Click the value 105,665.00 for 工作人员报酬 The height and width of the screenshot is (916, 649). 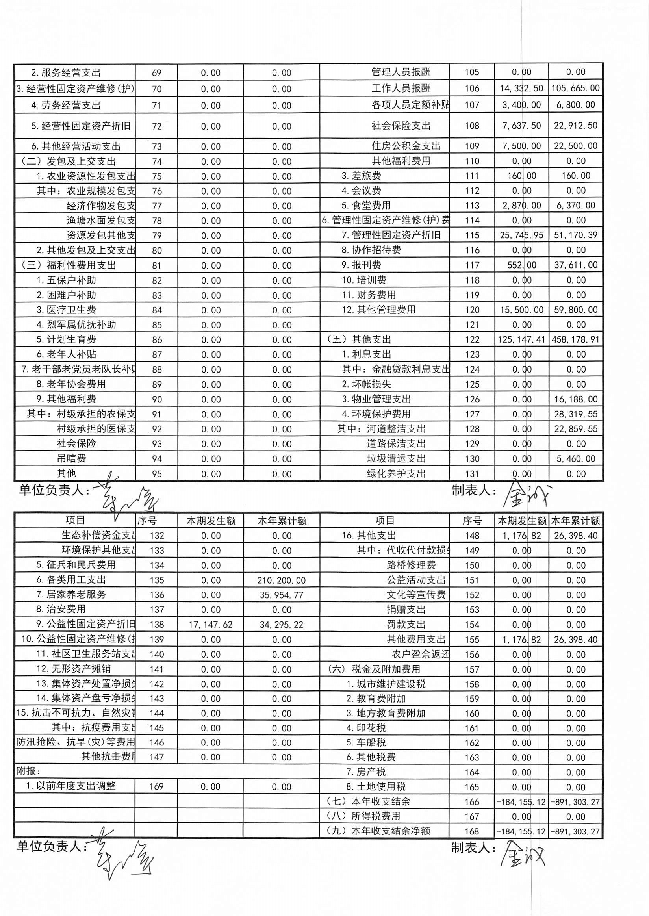(x=575, y=88)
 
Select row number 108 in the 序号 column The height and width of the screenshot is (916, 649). (x=472, y=126)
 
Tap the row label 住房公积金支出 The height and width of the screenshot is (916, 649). (x=406, y=146)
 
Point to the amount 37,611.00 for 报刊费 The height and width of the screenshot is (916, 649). (x=575, y=265)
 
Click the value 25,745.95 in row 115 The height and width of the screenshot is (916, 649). (x=521, y=235)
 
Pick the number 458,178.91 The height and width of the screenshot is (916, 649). (x=575, y=340)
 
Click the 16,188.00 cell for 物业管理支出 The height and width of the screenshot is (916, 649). (x=575, y=399)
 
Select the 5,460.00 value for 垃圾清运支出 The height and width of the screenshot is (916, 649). (x=575, y=459)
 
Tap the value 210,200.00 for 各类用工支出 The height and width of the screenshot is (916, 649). (x=281, y=580)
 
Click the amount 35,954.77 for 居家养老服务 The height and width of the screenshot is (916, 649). (x=281, y=595)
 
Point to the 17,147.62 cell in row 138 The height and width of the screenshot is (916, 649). (x=210, y=625)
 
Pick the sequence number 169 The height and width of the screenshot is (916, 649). (x=156, y=786)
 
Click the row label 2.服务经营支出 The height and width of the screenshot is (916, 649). (x=66, y=73)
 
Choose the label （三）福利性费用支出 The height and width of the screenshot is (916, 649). (x=69, y=265)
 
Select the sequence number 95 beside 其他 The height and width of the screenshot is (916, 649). (x=157, y=474)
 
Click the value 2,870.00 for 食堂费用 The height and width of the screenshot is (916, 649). (x=521, y=206)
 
